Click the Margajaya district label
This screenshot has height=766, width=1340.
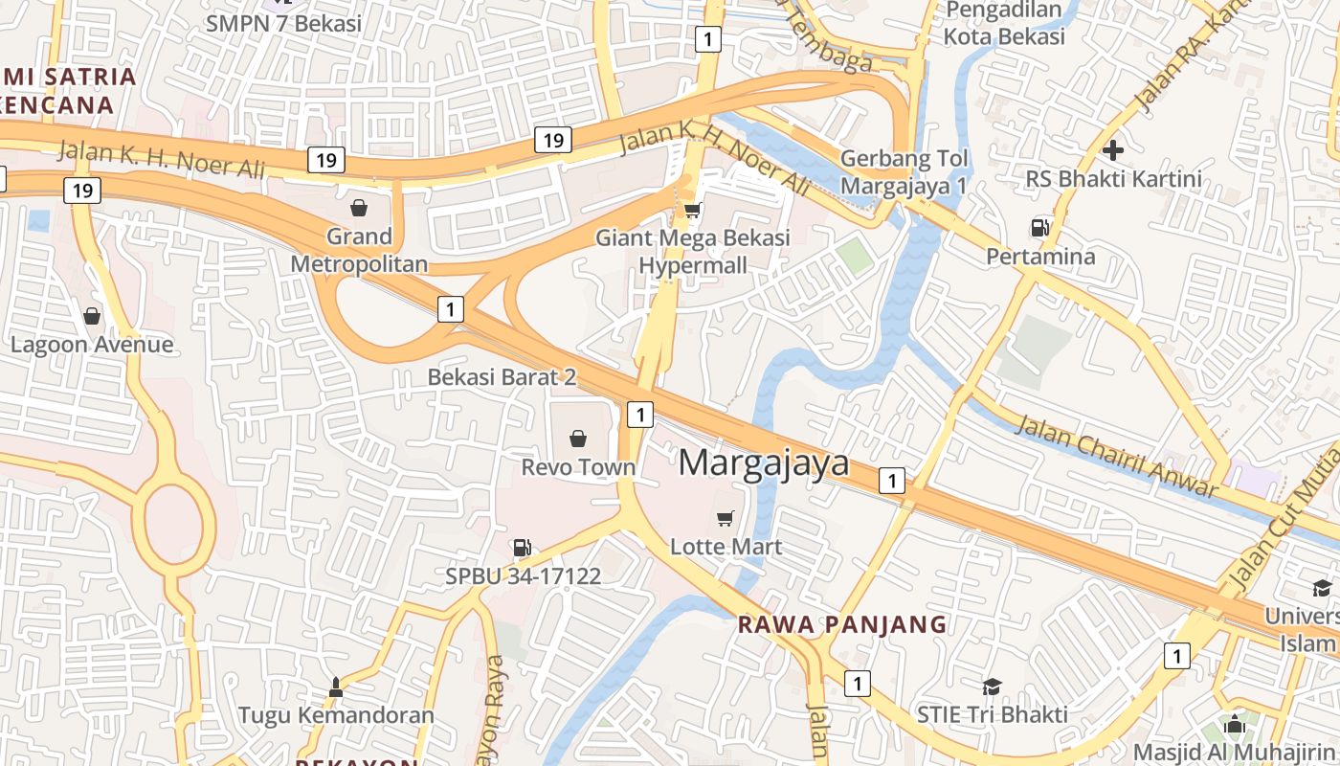tap(764, 462)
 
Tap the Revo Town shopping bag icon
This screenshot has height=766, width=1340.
tap(578, 439)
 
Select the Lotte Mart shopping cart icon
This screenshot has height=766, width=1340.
tap(726, 518)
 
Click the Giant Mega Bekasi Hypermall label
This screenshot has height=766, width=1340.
tap(693, 252)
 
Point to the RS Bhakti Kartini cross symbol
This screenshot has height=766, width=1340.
tap(1113, 150)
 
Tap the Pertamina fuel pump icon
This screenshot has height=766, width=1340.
tap(1039, 228)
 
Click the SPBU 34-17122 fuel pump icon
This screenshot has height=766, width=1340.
tap(522, 548)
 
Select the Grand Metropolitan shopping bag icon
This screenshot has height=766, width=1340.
tap(359, 207)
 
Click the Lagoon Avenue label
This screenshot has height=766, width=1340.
tap(92, 345)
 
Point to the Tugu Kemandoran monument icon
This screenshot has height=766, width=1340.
tap(336, 687)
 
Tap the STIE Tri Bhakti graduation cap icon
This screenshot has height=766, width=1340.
tap(992, 686)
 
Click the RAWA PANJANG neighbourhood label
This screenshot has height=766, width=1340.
tap(841, 625)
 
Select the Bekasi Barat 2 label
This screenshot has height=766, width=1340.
tap(502, 377)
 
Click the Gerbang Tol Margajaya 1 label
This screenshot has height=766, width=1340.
tap(904, 172)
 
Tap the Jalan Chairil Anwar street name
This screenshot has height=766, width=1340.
tap(1115, 456)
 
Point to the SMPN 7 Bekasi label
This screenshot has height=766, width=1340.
tap(283, 23)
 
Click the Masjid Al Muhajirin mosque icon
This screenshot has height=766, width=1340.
tap(1235, 723)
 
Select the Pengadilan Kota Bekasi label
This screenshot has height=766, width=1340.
tap(1004, 24)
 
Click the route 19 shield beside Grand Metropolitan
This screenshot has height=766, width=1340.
tap(325, 160)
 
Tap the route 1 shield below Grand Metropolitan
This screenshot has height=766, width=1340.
tap(450, 309)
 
